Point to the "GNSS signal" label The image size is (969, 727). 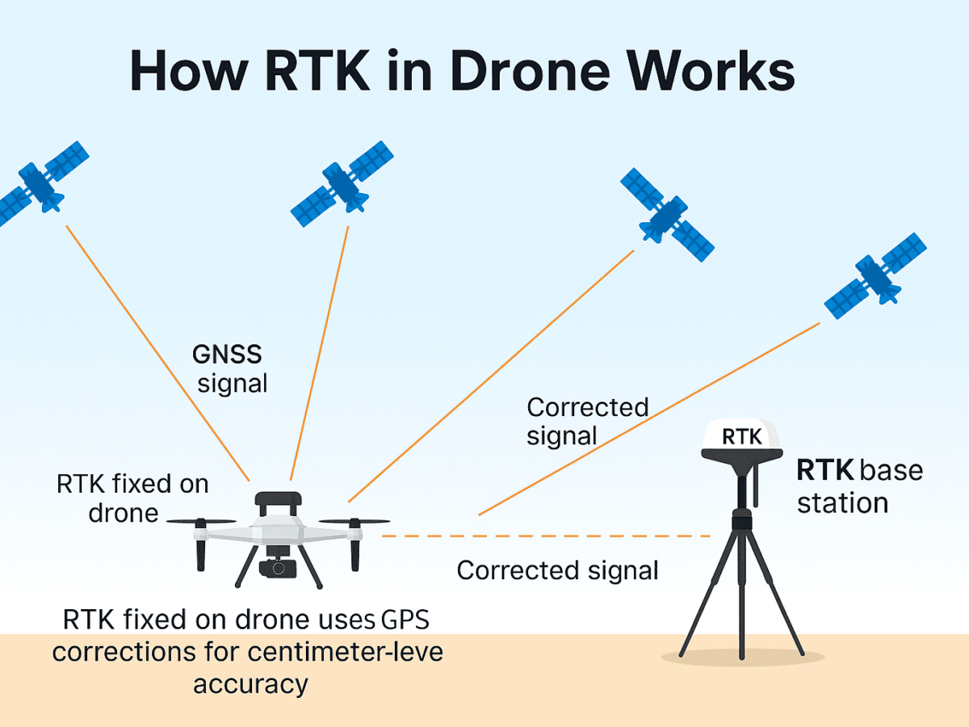pos(231,368)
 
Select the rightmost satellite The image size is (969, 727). pos(875,276)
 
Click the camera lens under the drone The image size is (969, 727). pos(278,567)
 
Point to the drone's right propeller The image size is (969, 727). pos(354,522)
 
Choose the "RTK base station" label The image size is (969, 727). pos(858,486)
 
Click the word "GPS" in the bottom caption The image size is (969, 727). pos(404,620)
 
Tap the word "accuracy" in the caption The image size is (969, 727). pos(250,684)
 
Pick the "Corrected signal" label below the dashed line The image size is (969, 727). pos(557,570)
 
